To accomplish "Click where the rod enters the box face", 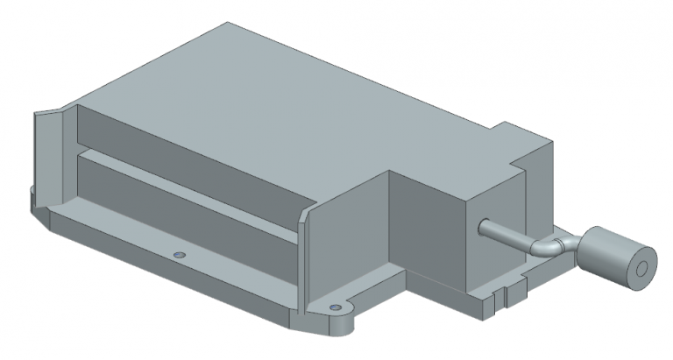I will [x=482, y=228].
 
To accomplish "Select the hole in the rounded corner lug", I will [x=336, y=308].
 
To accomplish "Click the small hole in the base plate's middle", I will [x=179, y=254].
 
